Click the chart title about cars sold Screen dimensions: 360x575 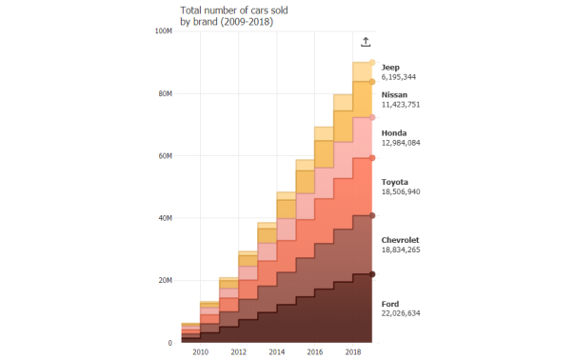click(234, 15)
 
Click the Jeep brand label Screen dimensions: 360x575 click(390, 67)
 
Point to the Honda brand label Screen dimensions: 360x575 click(394, 132)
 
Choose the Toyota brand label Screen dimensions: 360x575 click(395, 181)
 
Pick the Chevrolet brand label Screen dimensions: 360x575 click(401, 240)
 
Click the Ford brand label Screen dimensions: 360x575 click(390, 303)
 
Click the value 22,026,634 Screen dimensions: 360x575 click(401, 312)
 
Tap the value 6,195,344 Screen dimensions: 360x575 click(398, 76)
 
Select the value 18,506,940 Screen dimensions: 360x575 click(401, 190)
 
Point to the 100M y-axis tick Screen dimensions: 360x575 click(163, 31)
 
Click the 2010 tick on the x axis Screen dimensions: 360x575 click(201, 352)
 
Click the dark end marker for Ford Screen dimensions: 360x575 click(372, 274)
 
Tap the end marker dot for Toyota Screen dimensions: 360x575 click(372, 158)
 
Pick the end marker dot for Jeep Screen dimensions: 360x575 click(372, 62)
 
